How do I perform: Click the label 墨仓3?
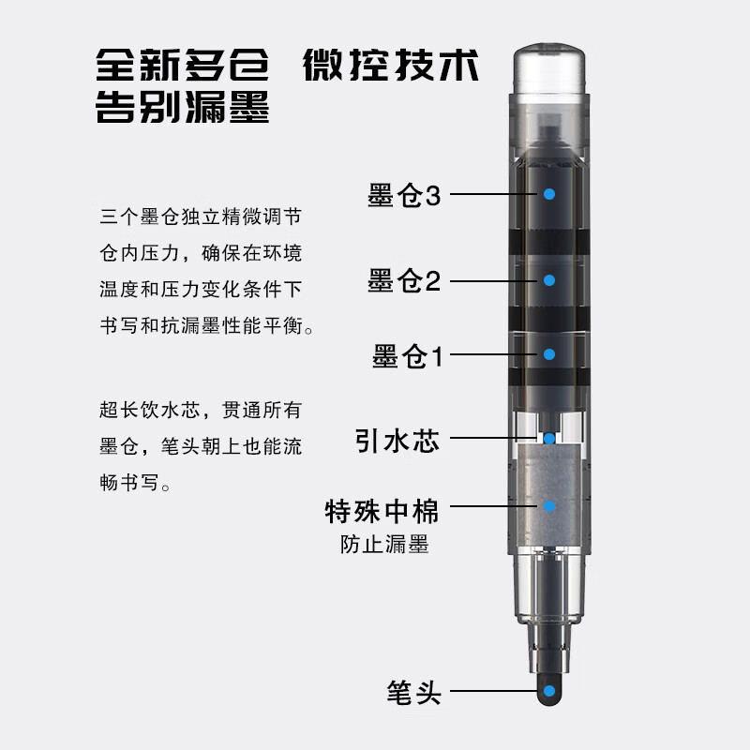404,195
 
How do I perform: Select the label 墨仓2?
404,280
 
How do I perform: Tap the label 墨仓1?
408,356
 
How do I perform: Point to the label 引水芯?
397,440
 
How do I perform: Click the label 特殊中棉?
382,511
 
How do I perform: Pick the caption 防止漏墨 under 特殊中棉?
384,545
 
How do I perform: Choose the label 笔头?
413,692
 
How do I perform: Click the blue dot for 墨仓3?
549,194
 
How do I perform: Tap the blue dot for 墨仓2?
549,280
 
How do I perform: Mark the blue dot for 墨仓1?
549,354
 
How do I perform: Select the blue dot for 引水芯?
549,438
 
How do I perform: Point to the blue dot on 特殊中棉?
549,505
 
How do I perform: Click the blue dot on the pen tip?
549,691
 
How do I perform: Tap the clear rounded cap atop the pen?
549,68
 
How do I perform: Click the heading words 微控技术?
391,65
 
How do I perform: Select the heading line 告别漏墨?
182,107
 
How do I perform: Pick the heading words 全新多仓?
182,65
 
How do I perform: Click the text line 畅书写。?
135,482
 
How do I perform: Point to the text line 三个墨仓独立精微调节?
201,217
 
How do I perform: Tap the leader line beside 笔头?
494,691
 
